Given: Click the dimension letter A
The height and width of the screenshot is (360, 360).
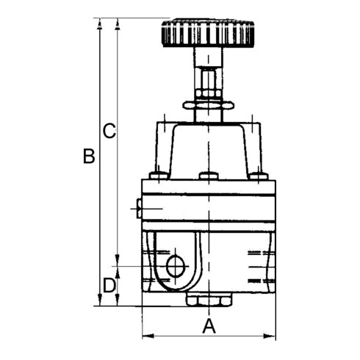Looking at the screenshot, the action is [x=209, y=326].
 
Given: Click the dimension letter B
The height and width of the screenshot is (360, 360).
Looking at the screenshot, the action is [x=89, y=156].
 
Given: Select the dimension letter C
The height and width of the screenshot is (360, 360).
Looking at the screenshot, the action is [x=109, y=131].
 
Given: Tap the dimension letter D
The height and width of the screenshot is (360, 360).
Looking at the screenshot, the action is [x=109, y=285].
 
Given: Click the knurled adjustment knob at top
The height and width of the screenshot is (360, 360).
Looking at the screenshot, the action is [x=208, y=32].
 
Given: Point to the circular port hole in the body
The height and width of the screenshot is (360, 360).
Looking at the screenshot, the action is [x=176, y=266].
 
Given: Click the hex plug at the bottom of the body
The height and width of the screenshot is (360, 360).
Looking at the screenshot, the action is [x=209, y=299].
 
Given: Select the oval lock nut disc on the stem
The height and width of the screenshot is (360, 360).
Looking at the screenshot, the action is [x=208, y=106].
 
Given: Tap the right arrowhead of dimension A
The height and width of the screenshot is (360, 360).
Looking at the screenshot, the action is [x=270, y=336].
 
